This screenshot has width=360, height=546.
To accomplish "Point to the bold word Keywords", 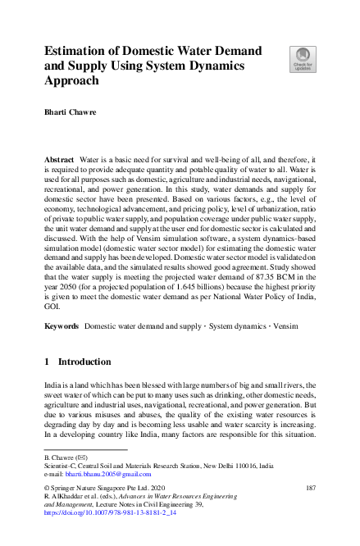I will coord(62,326).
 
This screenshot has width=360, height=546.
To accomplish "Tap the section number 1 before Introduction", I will coord(48,361).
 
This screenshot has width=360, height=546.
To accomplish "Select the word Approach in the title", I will coord(76,81).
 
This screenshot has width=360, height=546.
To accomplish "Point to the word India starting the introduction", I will coord(52,384).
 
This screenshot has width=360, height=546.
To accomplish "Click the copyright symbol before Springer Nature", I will coord(47,488).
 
